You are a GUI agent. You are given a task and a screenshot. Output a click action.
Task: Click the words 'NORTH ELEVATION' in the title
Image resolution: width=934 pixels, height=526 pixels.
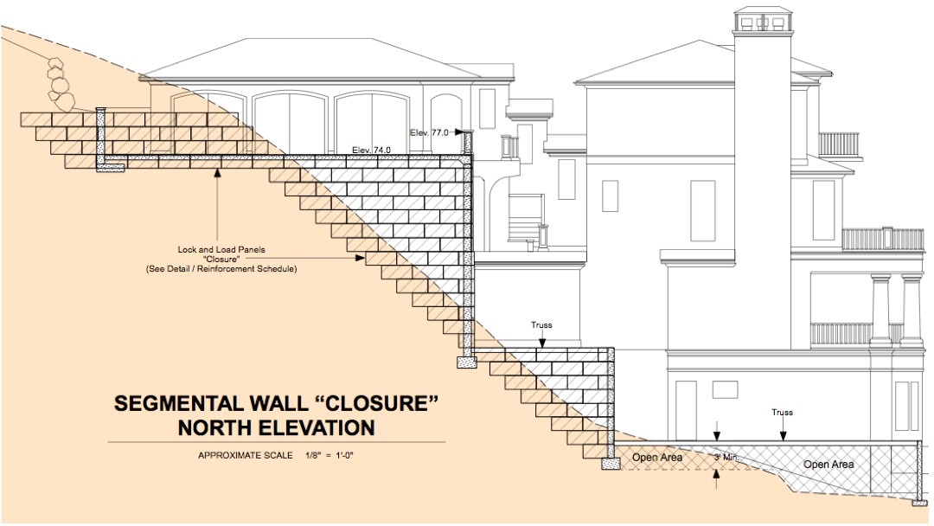coord(276,427)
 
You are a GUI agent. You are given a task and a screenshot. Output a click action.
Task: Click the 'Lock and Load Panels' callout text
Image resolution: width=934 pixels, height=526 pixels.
coord(221,250)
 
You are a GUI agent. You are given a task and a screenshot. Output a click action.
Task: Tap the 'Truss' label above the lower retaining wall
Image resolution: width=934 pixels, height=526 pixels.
coord(541,325)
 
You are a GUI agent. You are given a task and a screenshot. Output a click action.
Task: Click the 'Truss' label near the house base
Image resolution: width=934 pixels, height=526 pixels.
coord(781,413)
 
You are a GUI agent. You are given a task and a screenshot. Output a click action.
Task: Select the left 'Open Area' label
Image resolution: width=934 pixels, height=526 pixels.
coord(656,458)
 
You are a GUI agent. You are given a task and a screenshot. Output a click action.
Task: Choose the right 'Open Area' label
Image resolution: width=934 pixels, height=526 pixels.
coord(828,465)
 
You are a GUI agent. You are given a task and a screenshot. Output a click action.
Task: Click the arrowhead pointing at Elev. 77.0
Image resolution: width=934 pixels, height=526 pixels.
coord(458,132)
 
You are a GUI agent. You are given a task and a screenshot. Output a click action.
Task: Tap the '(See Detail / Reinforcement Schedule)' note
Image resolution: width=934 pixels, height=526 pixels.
coord(221,269)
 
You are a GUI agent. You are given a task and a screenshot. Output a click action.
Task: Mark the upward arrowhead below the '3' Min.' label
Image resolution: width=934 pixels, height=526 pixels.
coord(716,473)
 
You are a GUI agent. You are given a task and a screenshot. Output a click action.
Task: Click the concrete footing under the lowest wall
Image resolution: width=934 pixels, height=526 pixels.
coord(611,464)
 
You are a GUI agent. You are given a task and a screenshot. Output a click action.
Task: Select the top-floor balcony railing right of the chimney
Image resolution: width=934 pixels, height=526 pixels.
coord(838,144)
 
